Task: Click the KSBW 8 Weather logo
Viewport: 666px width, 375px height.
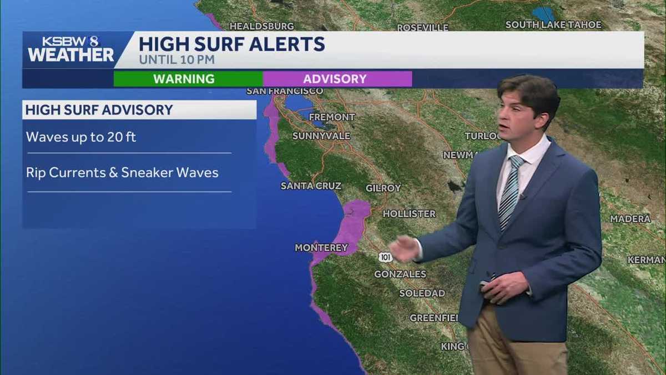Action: tap(70, 49)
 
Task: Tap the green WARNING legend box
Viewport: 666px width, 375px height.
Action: tap(184, 79)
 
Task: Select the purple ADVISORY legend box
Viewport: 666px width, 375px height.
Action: tap(335, 79)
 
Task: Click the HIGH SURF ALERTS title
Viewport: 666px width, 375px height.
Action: tap(231, 44)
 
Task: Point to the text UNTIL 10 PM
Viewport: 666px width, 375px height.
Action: tap(176, 59)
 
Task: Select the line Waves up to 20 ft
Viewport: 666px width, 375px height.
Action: tap(81, 137)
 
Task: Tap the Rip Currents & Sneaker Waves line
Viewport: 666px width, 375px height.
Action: tap(122, 172)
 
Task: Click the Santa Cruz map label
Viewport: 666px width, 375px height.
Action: tap(311, 186)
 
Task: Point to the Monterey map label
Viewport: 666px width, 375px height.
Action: tap(321, 248)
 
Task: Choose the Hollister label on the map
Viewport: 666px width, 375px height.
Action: tap(409, 214)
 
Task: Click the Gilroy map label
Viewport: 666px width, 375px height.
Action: tap(383, 188)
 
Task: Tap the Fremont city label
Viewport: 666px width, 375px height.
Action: tap(332, 117)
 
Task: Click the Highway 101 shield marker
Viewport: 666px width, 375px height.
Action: tap(386, 257)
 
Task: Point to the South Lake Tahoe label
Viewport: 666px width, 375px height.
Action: tap(553, 25)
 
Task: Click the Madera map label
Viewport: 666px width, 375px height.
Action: tap(630, 219)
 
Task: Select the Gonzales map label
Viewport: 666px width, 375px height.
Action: tap(400, 274)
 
